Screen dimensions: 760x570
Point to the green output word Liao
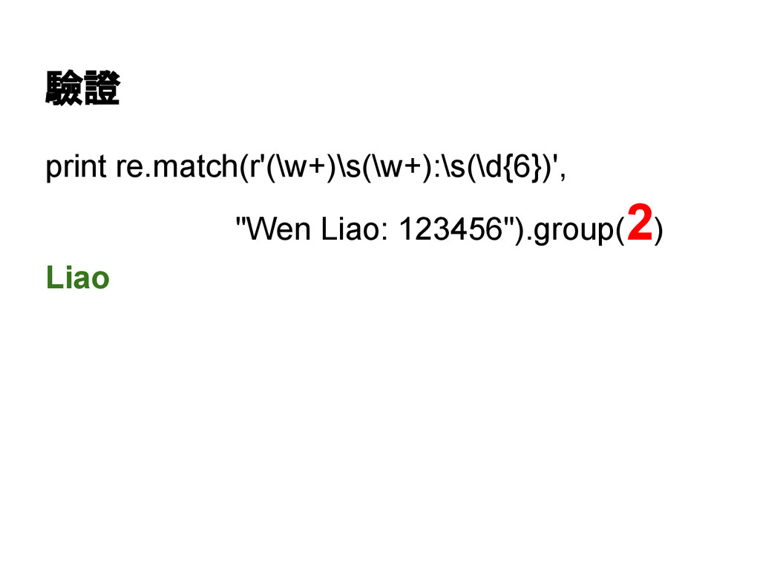coord(78,278)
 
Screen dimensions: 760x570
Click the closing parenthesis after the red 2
coord(661,232)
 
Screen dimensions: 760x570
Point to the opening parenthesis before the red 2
coord(619,232)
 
